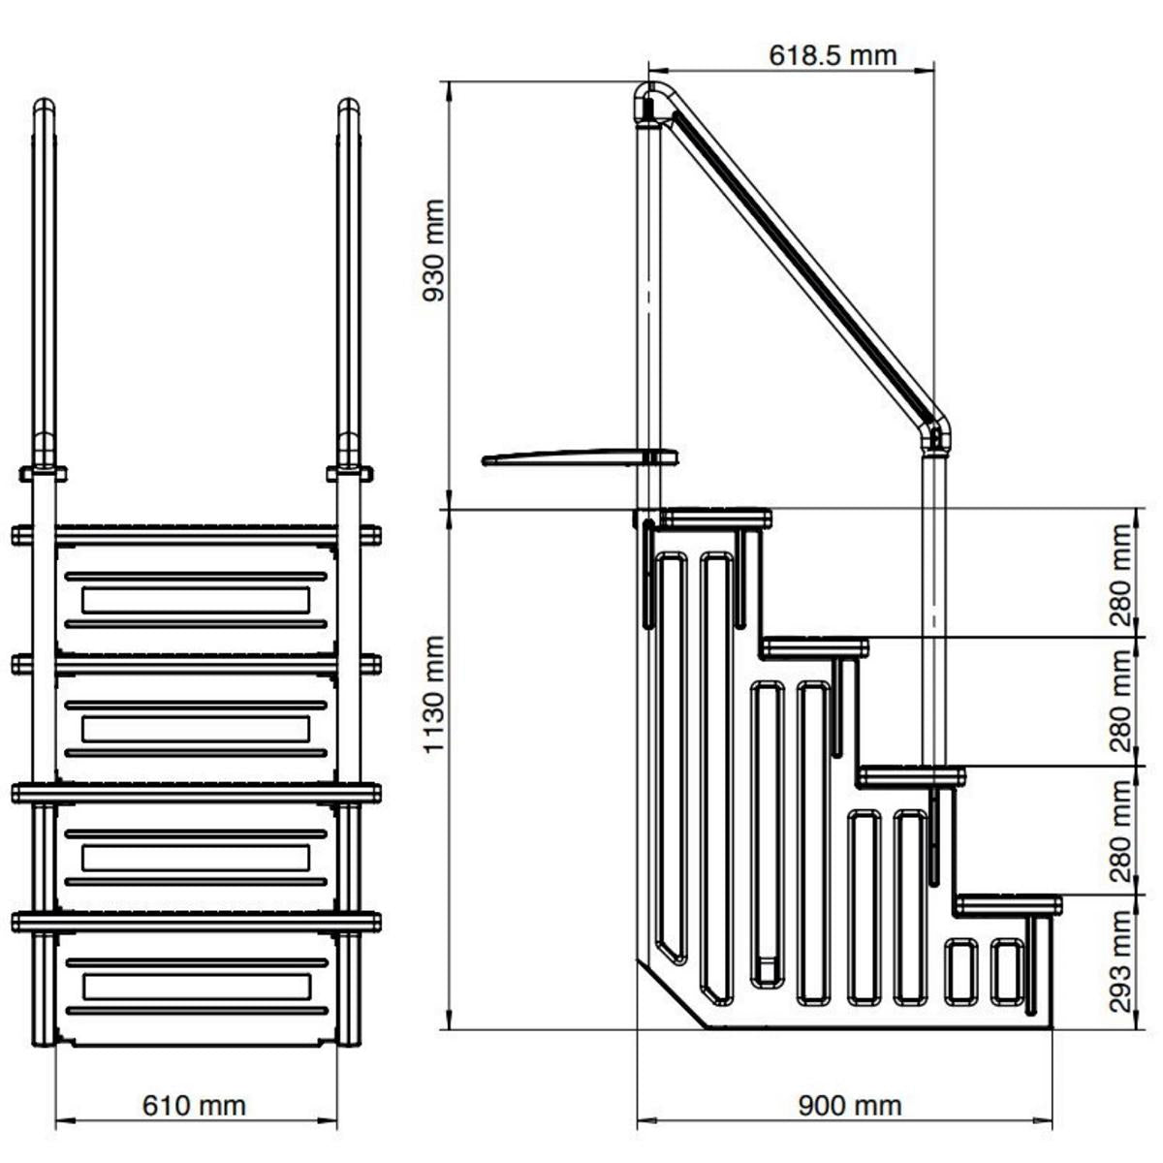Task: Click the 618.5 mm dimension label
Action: (833, 55)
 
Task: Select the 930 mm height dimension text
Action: (433, 250)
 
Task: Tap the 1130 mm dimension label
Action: (433, 693)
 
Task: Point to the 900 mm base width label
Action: (849, 1104)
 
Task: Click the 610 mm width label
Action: (194, 1104)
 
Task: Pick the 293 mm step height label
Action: (1121, 960)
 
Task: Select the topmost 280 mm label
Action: (1121, 575)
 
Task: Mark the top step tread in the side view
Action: (716, 517)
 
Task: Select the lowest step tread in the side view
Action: (1008, 904)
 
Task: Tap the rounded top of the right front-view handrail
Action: (348, 105)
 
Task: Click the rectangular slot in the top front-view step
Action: (195, 600)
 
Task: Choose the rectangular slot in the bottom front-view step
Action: (195, 987)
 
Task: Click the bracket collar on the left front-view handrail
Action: (43, 473)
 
